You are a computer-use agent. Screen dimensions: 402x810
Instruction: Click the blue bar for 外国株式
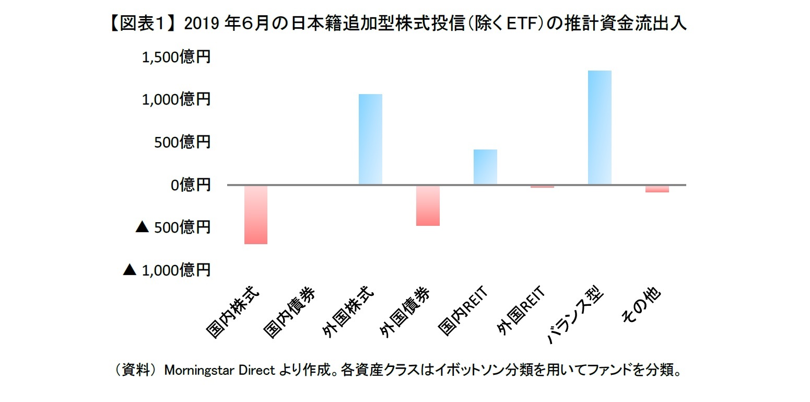click(x=370, y=139)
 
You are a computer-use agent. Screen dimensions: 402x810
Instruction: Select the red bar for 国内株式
click(x=256, y=214)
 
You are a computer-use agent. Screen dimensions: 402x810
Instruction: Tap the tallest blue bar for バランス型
click(x=600, y=128)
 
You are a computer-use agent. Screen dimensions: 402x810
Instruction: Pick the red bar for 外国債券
click(x=428, y=205)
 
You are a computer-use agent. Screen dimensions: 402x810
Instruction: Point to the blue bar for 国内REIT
click(x=485, y=167)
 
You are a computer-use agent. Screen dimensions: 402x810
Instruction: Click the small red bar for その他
click(x=657, y=189)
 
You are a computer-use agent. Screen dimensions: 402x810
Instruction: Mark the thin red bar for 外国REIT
click(x=542, y=187)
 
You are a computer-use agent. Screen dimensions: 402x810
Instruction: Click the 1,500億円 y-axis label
click(x=176, y=56)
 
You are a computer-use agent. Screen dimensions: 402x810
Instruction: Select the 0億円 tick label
click(x=190, y=185)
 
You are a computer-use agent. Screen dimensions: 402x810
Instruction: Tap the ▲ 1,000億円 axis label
click(x=166, y=270)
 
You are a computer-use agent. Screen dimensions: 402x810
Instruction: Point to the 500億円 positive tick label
click(x=183, y=142)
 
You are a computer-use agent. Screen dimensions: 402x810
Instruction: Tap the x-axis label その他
click(x=641, y=305)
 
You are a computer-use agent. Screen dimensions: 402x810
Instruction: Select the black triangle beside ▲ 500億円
click(x=142, y=227)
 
